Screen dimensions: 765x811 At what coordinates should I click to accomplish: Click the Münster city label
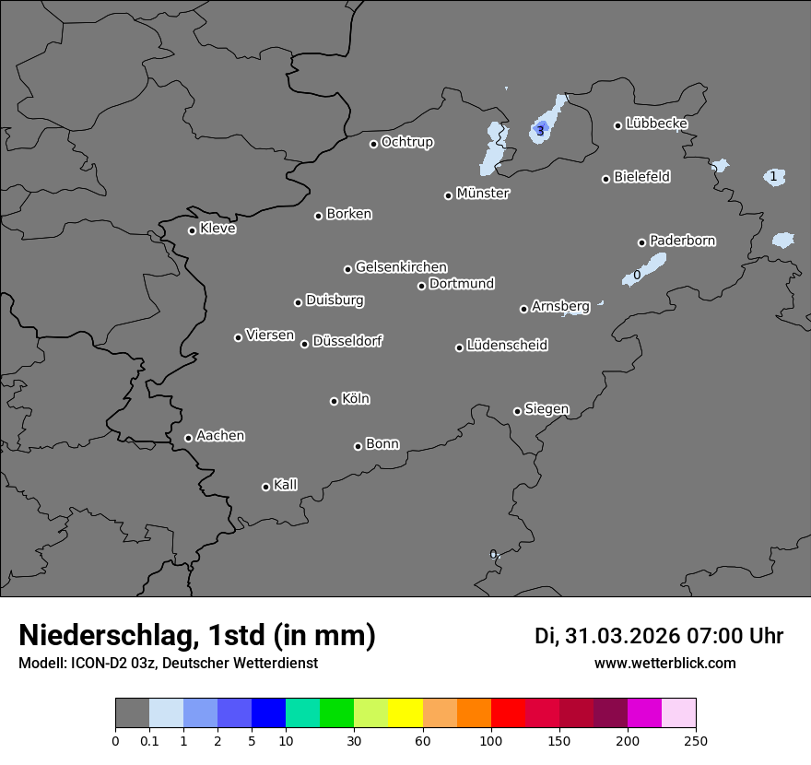[x=483, y=194]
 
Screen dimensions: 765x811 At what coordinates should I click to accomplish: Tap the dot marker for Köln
[x=334, y=401]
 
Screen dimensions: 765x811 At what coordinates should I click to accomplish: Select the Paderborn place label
[x=682, y=241]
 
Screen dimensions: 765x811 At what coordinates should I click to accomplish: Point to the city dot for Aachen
[x=188, y=438]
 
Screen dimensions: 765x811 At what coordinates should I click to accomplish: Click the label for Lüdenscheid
[x=507, y=346]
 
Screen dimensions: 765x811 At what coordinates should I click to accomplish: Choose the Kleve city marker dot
[x=192, y=230]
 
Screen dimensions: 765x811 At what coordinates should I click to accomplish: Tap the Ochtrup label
[x=407, y=142]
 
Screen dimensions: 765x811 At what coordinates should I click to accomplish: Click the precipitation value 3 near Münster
[x=540, y=131]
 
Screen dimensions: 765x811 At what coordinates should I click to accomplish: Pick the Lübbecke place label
[x=656, y=124]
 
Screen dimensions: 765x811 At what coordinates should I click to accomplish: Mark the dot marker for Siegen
[x=517, y=411]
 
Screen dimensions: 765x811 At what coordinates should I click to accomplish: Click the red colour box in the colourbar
[x=508, y=713]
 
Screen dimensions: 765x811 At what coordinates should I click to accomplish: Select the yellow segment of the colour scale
[x=405, y=713]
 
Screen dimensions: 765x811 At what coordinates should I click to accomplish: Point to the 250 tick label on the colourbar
[x=696, y=740]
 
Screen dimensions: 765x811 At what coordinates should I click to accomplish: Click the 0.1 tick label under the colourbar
[x=149, y=740]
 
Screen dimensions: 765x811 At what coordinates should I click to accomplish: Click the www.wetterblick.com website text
[x=665, y=664]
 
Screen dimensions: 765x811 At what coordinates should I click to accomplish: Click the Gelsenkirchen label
[x=401, y=267]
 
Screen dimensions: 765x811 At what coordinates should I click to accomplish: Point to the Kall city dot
[x=265, y=487]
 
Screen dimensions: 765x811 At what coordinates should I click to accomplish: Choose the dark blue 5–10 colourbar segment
[x=268, y=713]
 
